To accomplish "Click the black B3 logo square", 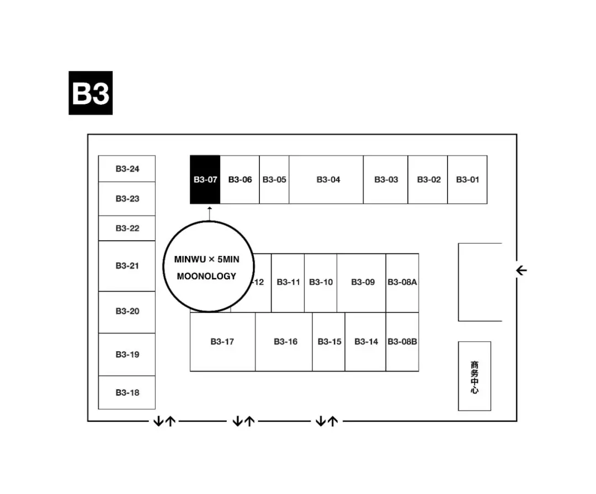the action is coord(91,93).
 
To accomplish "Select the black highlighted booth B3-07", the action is coord(205,179).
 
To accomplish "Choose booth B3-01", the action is coord(467,179).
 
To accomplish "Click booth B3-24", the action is coord(127,169).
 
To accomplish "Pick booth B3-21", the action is coord(127,265).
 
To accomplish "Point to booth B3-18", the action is coord(127,392).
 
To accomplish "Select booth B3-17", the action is coord(222,342).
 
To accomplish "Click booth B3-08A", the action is coord(402,282).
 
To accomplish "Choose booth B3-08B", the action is coord(402,342).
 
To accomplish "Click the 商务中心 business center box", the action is coord(475,376).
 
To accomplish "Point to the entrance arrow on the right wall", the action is coord(521,270).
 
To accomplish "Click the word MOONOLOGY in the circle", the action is coord(206,276).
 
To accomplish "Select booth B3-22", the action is coord(127,228).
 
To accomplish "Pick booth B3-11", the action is coord(288,282).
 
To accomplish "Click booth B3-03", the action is coord(386,179).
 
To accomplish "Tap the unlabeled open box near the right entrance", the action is coord(480,281).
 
